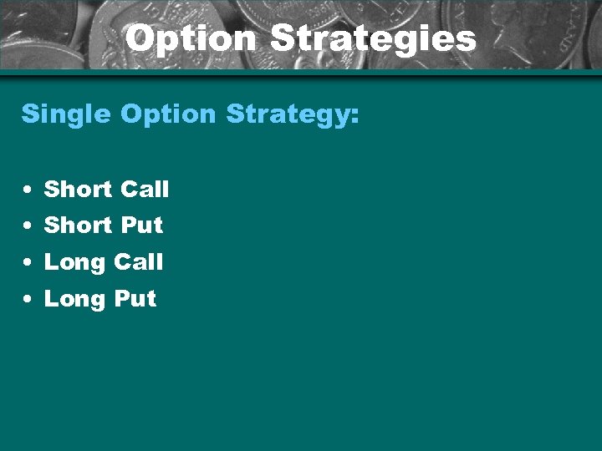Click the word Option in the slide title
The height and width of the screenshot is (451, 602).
pos(191,38)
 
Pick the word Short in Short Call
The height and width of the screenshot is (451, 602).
pos(78,190)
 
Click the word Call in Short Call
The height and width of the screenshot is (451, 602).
pos(144,190)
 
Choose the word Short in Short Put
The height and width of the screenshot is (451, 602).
pos(78,225)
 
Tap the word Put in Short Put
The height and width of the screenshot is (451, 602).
pos(141,225)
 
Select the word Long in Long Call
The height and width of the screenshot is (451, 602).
pos(74,262)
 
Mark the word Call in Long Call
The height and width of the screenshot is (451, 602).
pos(138,262)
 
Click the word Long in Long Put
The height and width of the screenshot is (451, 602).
pos(74,299)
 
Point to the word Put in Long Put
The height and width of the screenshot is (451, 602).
pos(135,299)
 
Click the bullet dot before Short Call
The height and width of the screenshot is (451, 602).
pos(29,191)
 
